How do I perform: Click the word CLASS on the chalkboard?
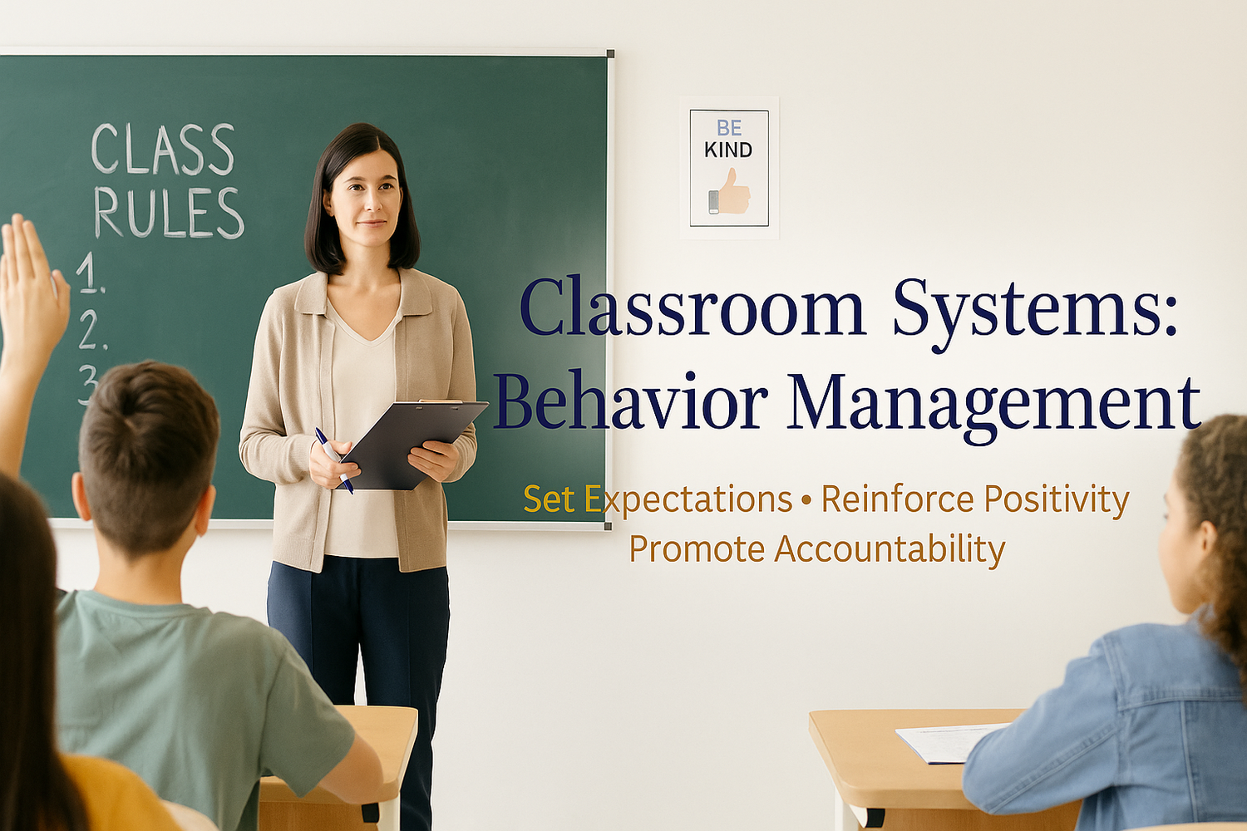pos(163,150)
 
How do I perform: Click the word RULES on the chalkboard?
pos(169,214)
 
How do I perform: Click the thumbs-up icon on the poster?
pos(730,193)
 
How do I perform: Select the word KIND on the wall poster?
pos(728,150)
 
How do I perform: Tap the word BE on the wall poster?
pos(729,128)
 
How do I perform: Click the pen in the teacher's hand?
pos(334,460)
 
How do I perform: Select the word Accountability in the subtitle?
pos(889,549)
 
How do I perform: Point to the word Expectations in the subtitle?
pos(689,500)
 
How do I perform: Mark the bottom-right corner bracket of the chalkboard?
pos(608,526)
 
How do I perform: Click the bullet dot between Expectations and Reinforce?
pos(806,500)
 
